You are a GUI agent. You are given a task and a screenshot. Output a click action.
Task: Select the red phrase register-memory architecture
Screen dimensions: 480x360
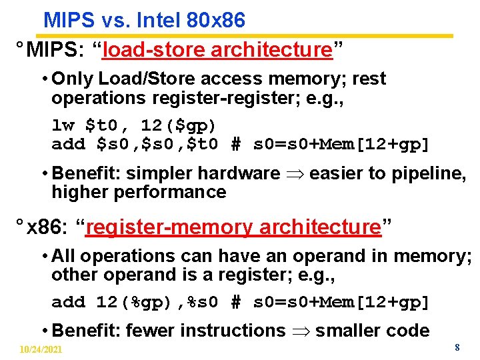[233, 227]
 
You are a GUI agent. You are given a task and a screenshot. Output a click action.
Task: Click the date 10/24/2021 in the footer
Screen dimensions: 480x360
[41, 349]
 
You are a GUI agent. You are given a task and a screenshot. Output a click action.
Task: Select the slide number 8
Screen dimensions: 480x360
[457, 347]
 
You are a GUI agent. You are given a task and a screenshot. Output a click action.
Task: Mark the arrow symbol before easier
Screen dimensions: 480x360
[295, 174]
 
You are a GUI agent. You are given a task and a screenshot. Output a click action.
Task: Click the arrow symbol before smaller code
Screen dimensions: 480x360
[300, 331]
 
